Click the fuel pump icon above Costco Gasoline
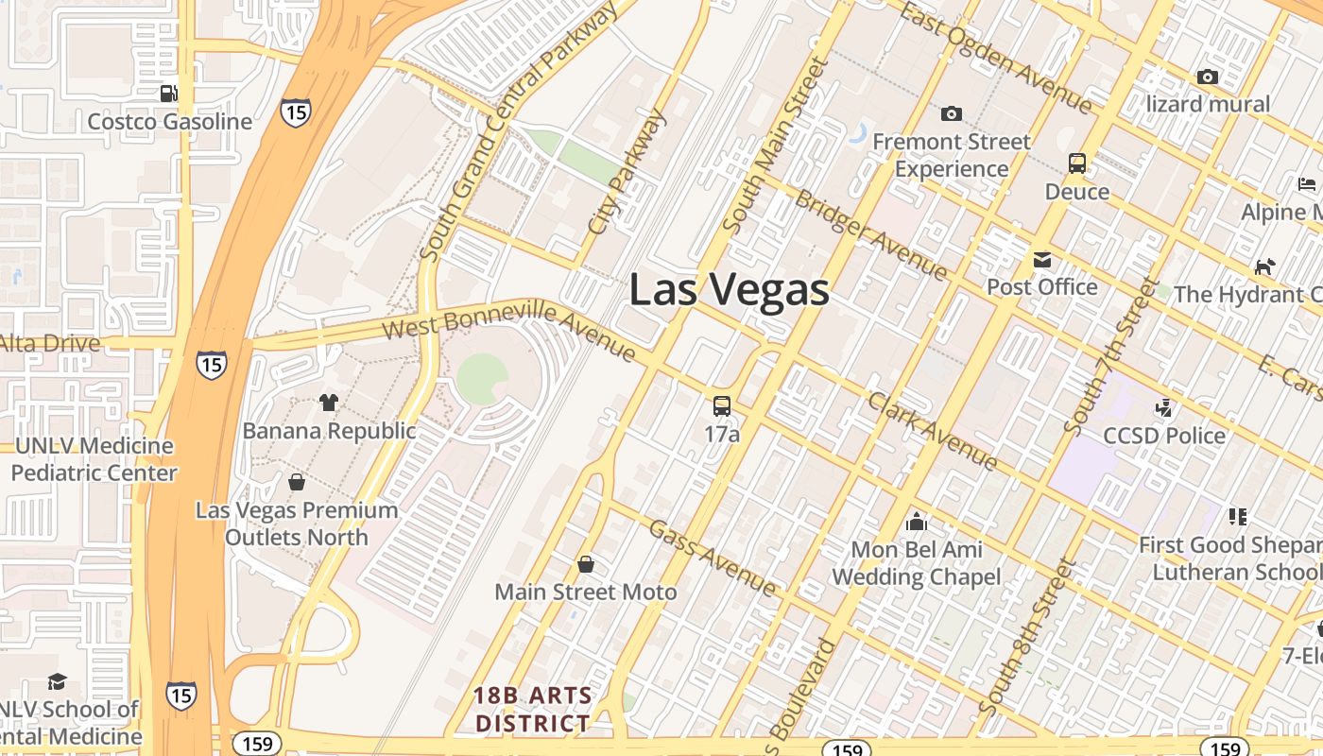pos(168,93)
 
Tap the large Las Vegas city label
pos(729,290)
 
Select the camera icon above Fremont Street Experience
pos(951,114)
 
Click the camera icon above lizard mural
pos(1207,77)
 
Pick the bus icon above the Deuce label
pos(1076,163)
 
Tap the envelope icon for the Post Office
pos(1041,260)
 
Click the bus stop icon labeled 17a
pos(722,406)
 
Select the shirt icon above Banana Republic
pos(328,403)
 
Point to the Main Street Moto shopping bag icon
pos(586,564)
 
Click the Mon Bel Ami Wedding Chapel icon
pos(916,522)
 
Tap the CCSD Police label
pos(1164,436)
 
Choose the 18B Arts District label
pos(533,710)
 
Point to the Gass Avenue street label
pos(712,557)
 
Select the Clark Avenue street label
pos(932,431)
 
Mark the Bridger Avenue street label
pos(870,234)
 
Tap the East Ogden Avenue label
pos(995,57)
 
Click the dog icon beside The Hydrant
pos(1263,266)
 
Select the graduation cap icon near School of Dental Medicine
pos(57,681)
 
